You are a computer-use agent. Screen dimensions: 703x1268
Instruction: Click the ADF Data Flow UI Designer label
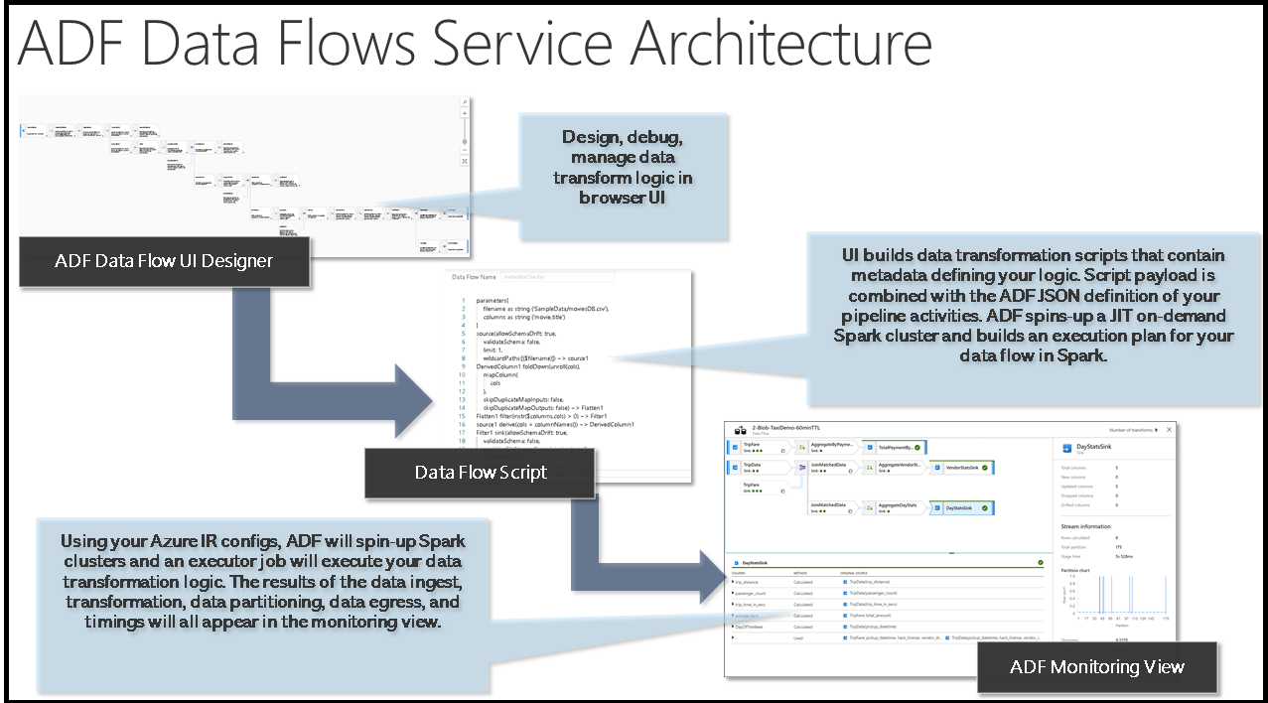pyautogui.click(x=164, y=261)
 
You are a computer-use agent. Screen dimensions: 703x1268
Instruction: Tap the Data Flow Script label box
pyautogui.click(x=480, y=472)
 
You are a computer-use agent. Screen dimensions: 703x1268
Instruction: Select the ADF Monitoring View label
pyautogui.click(x=1096, y=666)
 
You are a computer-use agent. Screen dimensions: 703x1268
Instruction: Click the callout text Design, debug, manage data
pyautogui.click(x=623, y=147)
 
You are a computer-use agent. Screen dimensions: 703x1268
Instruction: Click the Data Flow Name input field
pyautogui.click(x=556, y=277)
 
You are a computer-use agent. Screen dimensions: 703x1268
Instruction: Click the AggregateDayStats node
pyautogui.click(x=898, y=506)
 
